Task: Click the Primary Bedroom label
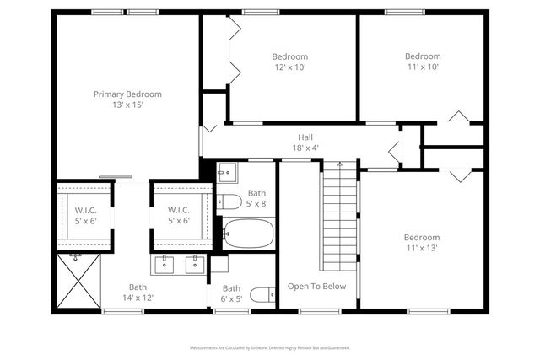pos(127,94)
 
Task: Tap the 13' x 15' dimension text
pos(127,105)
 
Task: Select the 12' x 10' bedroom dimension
pos(289,67)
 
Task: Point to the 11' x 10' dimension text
pos(423,67)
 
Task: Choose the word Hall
pos(305,137)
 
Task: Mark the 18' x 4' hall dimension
pos(305,148)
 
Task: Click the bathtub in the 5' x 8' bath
pos(248,233)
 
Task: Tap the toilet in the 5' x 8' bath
pos(230,202)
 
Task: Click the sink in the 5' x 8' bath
pos(226,175)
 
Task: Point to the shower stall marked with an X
pos(78,282)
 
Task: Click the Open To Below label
pos(316,287)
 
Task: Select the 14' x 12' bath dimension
pos(138,298)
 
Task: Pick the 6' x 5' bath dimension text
pos(231,298)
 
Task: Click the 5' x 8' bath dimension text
pos(256,203)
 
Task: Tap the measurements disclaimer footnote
pos(270,347)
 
